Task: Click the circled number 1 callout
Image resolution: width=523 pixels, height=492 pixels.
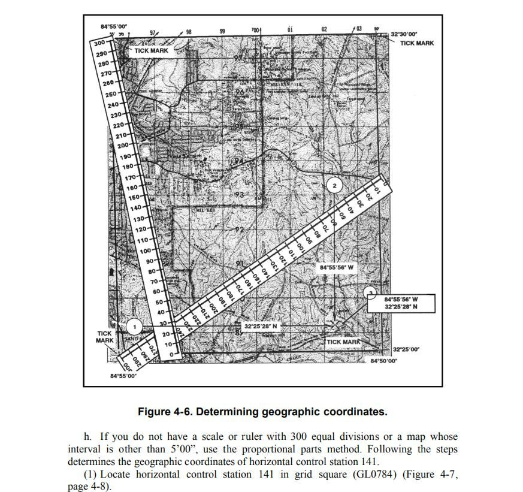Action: pyautogui.click(x=135, y=327)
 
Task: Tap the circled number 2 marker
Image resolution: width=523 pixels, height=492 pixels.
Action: pyautogui.click(x=334, y=186)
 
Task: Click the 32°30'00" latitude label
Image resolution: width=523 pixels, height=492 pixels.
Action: pyautogui.click(x=404, y=35)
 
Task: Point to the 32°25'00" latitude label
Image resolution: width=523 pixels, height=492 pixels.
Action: pyautogui.click(x=405, y=349)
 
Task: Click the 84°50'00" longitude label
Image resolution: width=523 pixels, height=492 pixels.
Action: pyautogui.click(x=383, y=361)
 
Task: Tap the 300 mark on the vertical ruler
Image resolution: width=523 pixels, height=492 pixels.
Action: pyautogui.click(x=99, y=43)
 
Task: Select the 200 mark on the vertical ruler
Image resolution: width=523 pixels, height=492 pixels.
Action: pyautogui.click(x=123, y=146)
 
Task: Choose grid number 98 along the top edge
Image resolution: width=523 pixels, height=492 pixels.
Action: pyautogui.click(x=189, y=31)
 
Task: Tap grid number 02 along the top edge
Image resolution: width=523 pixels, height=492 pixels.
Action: pyautogui.click(x=324, y=29)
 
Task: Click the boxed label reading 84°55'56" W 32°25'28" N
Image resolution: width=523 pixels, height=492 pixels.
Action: pyautogui.click(x=401, y=303)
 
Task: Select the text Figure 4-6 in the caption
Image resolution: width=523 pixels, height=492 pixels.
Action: pyautogui.click(x=164, y=412)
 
